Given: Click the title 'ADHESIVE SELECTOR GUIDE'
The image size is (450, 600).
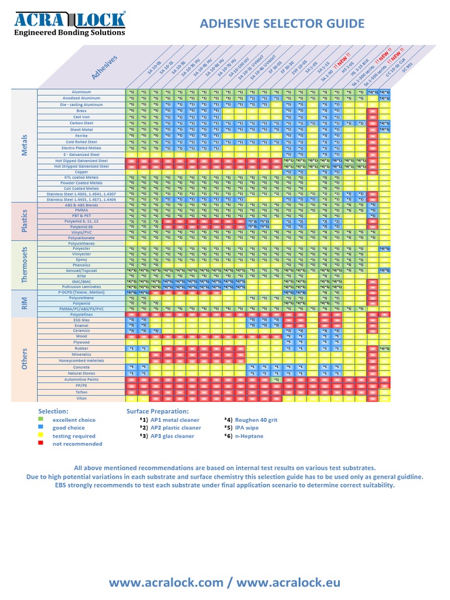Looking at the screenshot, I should pos(282,23).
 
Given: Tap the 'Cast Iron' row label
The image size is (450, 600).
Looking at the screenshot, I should pos(81,117).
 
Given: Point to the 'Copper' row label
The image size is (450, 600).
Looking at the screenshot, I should pos(81,172).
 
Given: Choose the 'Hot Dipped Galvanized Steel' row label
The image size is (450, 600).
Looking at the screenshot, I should pos(81,160).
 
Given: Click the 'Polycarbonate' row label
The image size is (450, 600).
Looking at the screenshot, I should pos(81,238).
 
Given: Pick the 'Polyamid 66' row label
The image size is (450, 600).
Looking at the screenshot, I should pos(81,226).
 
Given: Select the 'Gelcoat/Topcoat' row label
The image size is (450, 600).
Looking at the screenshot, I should pos(81,270).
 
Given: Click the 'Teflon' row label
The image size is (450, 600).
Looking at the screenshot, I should pos(81,392).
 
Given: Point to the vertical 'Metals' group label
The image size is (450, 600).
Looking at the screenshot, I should pos(25,144).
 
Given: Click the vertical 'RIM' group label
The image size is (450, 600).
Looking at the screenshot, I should pos(25,302).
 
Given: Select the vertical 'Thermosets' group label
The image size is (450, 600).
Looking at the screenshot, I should pos(25,265).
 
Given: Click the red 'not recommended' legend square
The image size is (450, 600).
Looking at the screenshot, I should pos(40,444).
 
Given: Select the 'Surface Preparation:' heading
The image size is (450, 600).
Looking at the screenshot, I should pos(157,411).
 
